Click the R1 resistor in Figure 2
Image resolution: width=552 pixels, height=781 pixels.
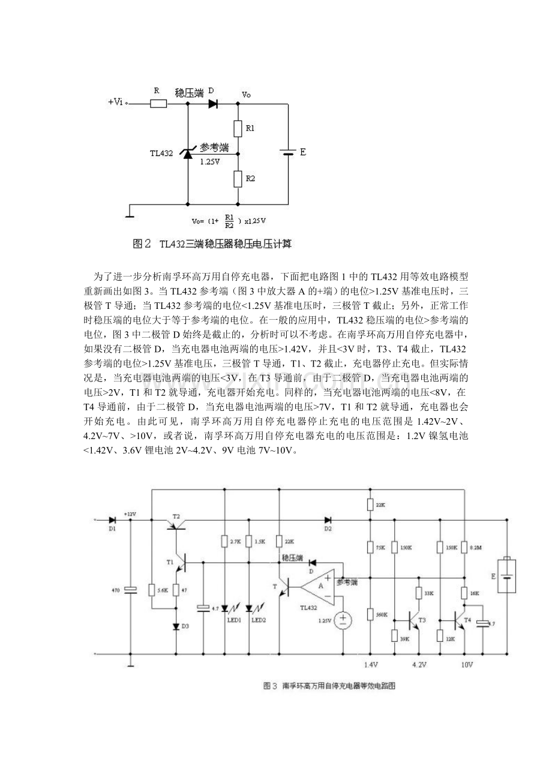[238, 128]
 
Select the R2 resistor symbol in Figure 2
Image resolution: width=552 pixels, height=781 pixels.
[238, 178]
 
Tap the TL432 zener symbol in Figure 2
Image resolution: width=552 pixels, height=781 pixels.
[188, 154]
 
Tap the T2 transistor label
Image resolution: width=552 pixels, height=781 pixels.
[176, 516]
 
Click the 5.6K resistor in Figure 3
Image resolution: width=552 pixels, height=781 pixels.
[152, 590]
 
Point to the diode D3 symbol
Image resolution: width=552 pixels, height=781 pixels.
[176, 626]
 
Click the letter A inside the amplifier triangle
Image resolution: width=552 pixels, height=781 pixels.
[322, 586]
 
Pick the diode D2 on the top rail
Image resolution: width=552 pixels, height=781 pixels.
[328, 519]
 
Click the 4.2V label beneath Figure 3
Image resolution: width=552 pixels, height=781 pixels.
[419, 665]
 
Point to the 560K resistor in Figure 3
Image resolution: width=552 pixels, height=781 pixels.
[370, 615]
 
